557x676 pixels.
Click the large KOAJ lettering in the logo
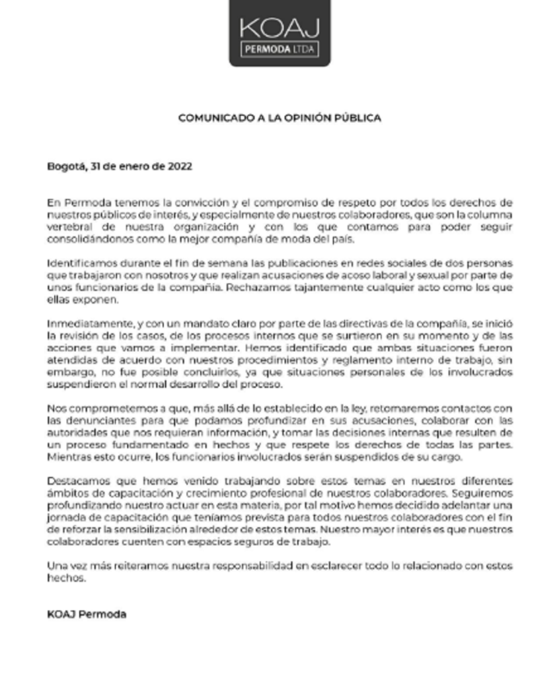[x=279, y=28]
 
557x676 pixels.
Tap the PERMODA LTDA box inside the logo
[x=279, y=49]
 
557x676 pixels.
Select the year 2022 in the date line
[x=179, y=166]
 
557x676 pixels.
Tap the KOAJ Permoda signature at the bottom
[x=87, y=614]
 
